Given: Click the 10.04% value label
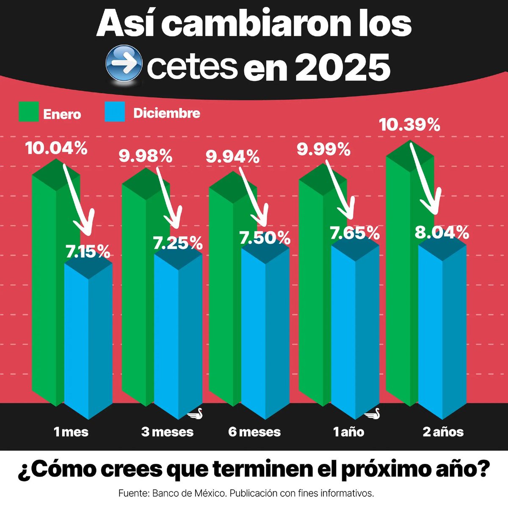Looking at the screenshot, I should (x=56, y=149).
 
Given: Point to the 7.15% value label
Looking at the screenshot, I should (x=88, y=252).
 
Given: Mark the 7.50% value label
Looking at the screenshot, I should (x=265, y=238).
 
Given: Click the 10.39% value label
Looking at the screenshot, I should (x=409, y=125).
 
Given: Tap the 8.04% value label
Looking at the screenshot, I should (x=442, y=233).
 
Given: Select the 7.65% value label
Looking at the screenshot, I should (x=355, y=233).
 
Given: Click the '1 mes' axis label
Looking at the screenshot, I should (x=71, y=432).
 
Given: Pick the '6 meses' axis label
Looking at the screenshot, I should (x=254, y=432).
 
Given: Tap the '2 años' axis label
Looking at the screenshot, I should (x=443, y=432).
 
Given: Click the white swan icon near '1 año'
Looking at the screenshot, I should (x=372, y=414).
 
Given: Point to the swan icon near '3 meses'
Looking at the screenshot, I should (x=196, y=414).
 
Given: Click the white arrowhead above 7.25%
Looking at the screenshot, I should (x=173, y=222).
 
